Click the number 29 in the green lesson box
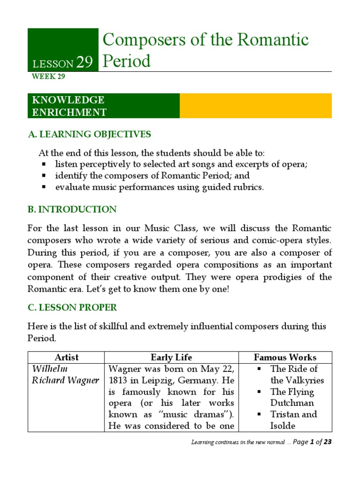(84, 62)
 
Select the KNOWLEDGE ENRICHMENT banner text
(68, 106)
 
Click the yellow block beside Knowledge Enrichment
(255, 106)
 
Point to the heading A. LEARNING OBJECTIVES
(90, 135)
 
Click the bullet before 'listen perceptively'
(44, 165)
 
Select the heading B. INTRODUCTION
(72, 209)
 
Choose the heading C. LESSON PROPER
(72, 307)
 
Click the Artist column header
(66, 357)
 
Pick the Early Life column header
(171, 357)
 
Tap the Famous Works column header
(285, 357)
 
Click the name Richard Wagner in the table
(65, 380)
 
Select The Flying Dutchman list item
(292, 397)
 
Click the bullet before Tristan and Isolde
(259, 414)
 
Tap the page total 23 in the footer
(327, 442)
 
